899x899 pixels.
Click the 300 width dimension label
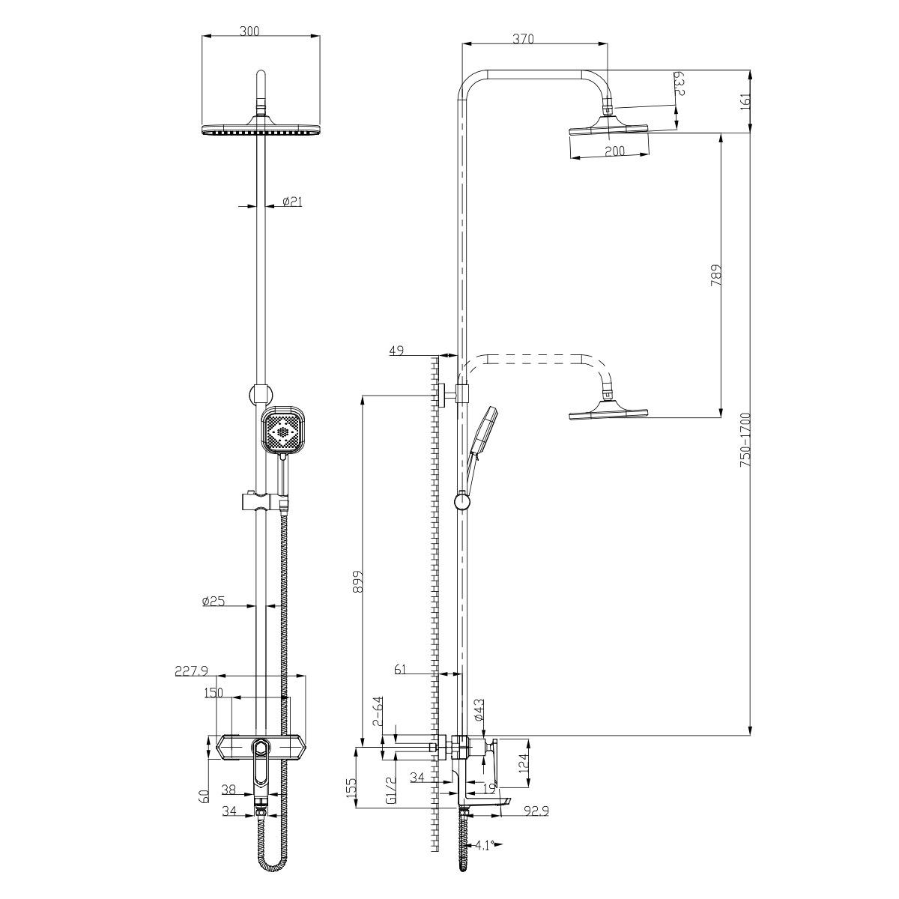click(x=249, y=31)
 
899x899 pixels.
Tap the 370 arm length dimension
click(x=523, y=39)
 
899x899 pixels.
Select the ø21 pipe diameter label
click(x=292, y=201)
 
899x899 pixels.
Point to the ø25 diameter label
click(x=214, y=602)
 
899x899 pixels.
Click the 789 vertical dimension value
click(x=716, y=275)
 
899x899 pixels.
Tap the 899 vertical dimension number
click(x=357, y=581)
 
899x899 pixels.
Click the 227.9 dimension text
click(x=191, y=671)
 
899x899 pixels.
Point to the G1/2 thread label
click(x=391, y=790)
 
